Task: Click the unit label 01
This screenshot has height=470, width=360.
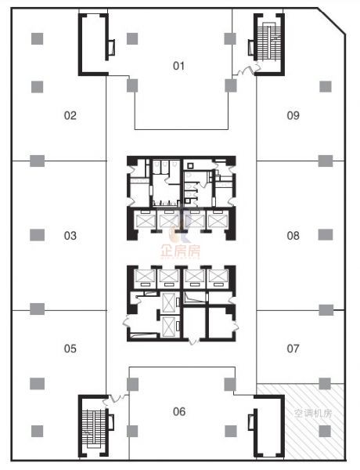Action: [x=178, y=66]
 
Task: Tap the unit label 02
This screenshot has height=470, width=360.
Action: [x=70, y=115]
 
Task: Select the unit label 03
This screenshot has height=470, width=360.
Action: [x=70, y=236]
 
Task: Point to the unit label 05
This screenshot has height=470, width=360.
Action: [x=70, y=349]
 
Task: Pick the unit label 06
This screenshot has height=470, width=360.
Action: [x=179, y=411]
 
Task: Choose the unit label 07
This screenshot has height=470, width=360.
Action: [x=293, y=349]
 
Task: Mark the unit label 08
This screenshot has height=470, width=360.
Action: [x=293, y=236]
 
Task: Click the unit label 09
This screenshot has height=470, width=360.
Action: [x=293, y=115]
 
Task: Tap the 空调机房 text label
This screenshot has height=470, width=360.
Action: [x=313, y=414]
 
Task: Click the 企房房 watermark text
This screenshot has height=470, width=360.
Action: [x=180, y=251]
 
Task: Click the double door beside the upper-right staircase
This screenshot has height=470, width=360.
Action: [x=247, y=70]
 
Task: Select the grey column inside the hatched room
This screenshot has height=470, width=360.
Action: [x=325, y=431]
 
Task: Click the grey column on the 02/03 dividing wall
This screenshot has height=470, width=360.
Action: [x=37, y=161]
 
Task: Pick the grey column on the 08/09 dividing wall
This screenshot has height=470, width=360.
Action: [x=326, y=161]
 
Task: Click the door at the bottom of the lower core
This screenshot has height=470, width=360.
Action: [x=194, y=341]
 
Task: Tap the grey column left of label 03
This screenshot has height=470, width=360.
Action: [x=37, y=235]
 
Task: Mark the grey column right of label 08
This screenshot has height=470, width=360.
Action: [x=326, y=235]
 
